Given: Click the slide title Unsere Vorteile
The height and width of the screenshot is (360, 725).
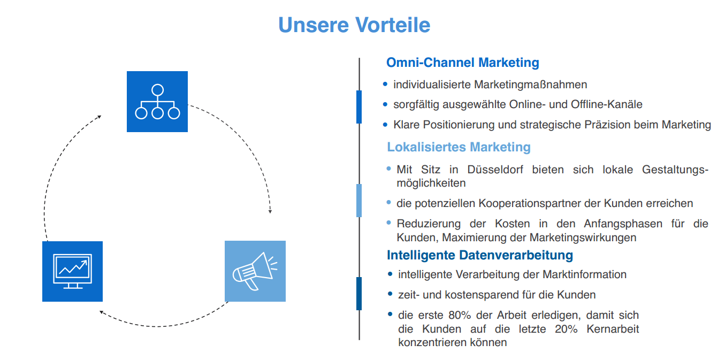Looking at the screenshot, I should [354, 25].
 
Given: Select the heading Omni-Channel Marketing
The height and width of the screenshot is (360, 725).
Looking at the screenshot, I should [462, 63].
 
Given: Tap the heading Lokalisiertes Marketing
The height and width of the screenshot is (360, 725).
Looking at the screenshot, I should [459, 147].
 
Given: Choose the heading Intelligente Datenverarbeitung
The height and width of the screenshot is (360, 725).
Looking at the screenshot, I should [479, 255].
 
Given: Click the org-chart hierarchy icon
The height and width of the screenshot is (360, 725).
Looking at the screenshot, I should [157, 102].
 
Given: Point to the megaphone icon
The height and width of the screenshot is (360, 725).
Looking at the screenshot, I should [255, 271].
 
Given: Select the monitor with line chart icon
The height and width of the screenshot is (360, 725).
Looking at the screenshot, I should [72, 271].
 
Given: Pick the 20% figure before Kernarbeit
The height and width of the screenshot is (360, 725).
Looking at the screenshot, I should [566, 329].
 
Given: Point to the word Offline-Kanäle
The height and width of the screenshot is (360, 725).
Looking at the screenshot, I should [599, 104].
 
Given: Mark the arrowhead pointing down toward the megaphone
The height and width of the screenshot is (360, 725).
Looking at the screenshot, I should [270, 211].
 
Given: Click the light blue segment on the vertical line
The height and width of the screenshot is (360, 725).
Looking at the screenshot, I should [359, 201].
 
